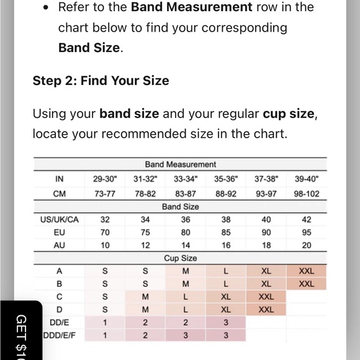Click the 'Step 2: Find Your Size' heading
(101, 81)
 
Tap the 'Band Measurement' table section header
(181, 164)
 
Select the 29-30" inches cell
(105, 179)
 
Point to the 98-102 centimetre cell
(307, 194)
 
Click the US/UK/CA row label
(60, 220)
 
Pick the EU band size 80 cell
(186, 233)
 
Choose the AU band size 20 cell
(307, 245)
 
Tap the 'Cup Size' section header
(181, 258)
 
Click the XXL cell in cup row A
(307, 271)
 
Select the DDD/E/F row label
(60, 335)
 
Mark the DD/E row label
(60, 323)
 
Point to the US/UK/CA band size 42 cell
(307, 220)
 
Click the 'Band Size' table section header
(181, 207)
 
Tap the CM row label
(60, 194)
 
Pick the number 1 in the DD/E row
(105, 323)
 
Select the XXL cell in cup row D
(266, 310)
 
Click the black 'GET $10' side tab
(21, 331)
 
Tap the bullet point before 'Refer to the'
(46, 8)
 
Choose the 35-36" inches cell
(226, 179)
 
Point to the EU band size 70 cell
(105, 233)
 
